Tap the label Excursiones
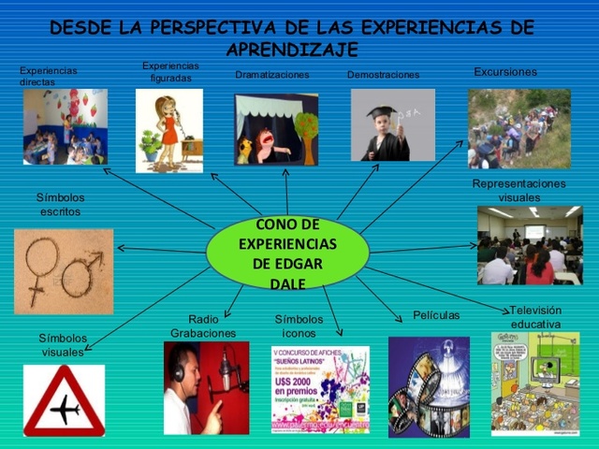[504, 72]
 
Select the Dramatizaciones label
[271, 75]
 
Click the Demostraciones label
[383, 75]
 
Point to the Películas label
[436, 315]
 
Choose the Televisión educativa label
[535, 317]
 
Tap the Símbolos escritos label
[60, 205]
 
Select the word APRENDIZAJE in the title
[292, 50]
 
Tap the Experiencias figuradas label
[170, 72]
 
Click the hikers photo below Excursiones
[519, 128]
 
